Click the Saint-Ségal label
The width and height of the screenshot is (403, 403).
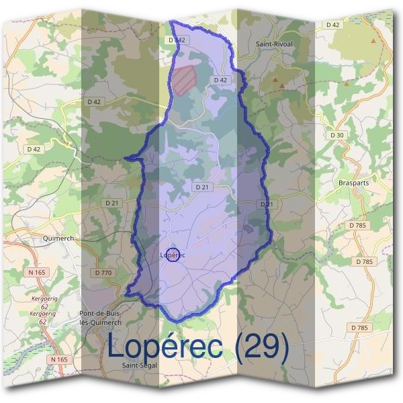pos(138,365)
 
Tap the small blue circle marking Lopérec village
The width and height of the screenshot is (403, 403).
pos(173,255)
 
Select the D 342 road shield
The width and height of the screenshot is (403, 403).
pos(176,40)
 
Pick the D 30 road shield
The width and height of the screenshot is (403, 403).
pos(337,135)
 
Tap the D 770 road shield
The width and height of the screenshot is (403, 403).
pos(103,273)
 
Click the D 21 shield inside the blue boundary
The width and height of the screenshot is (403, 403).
pos(201,187)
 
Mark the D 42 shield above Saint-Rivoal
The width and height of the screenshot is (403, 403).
pos(332,25)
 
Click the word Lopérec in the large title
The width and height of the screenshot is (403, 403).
pos(165,347)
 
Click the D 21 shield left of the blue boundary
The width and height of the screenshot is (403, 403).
pos(112,202)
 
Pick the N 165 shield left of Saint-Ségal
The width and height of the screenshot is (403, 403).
pos(59,359)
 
